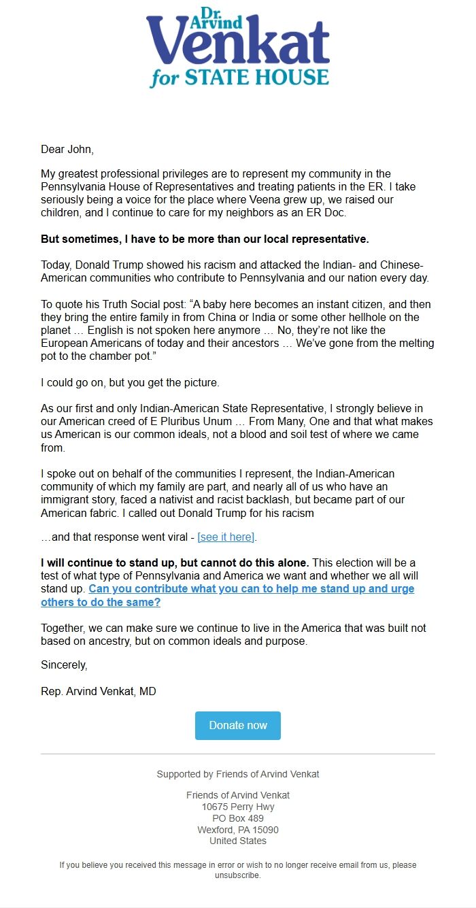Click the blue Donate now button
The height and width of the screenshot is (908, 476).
238,725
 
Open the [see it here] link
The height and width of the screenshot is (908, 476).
226,537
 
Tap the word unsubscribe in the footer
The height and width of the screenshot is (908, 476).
237,875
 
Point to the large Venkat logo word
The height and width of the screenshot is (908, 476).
238,46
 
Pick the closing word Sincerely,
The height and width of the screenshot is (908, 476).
64,665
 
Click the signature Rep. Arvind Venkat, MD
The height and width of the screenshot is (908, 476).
99,692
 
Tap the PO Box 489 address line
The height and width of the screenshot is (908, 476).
238,818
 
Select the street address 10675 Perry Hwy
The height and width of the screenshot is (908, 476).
238,807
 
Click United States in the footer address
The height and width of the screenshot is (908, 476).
238,841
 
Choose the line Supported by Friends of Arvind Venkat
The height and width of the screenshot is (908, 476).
238,774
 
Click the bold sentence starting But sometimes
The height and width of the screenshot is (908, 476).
205,239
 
